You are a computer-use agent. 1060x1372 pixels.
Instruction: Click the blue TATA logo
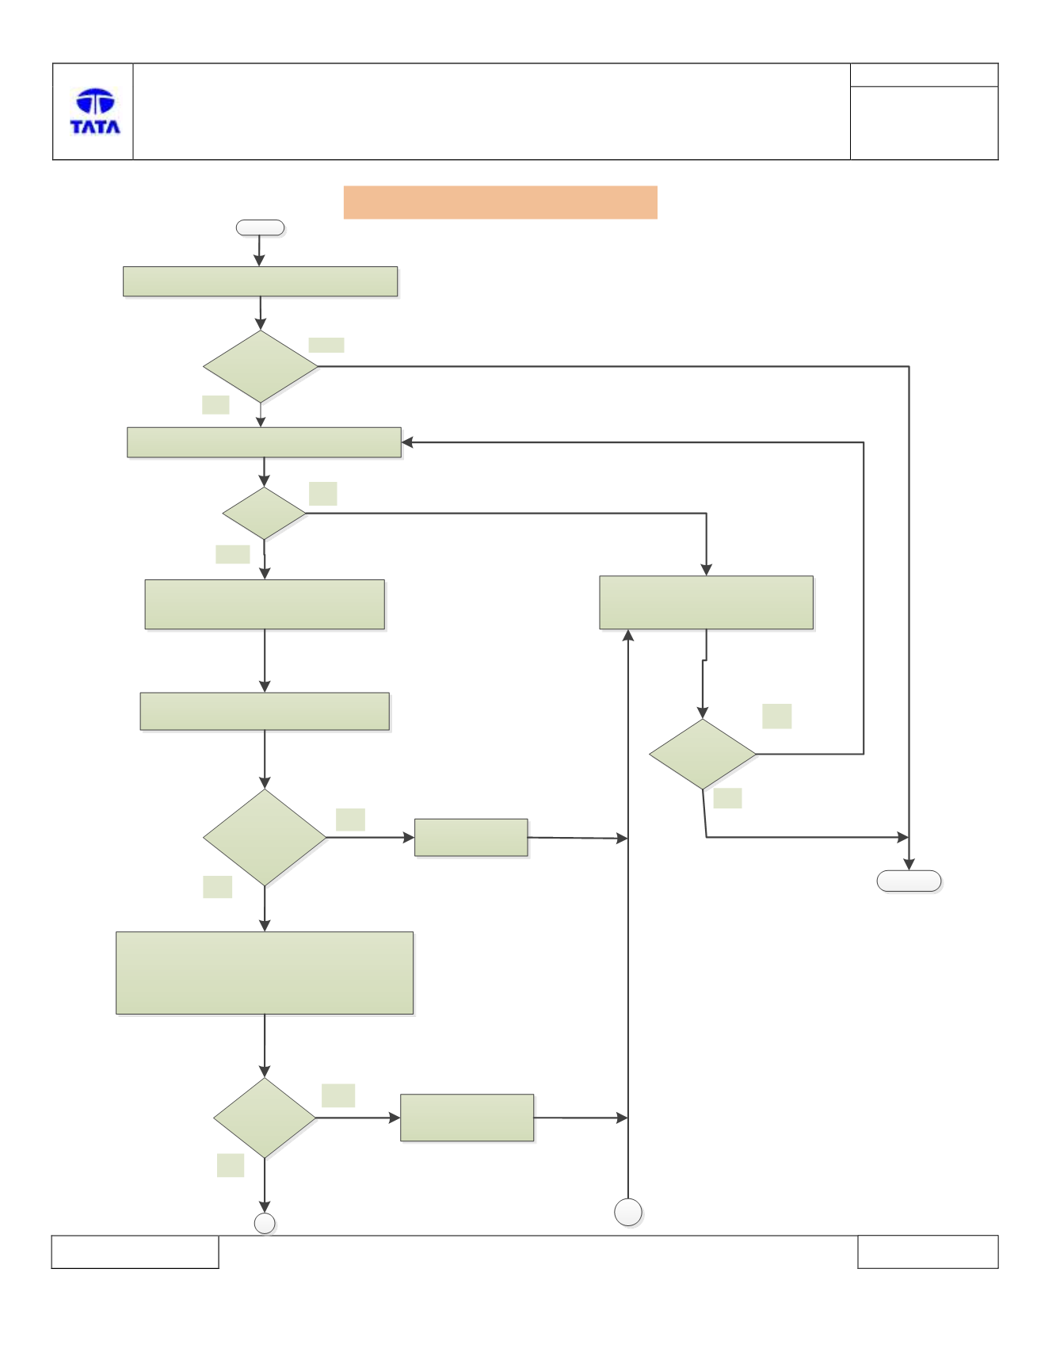point(95,112)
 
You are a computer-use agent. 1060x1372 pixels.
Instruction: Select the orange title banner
point(500,202)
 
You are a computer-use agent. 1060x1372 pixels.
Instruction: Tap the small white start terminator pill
point(260,228)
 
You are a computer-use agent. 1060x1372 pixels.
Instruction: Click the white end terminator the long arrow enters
point(909,881)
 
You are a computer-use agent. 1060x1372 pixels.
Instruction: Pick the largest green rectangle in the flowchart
point(265,973)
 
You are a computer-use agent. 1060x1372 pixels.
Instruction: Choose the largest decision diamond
point(265,837)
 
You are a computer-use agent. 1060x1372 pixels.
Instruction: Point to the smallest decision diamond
point(265,514)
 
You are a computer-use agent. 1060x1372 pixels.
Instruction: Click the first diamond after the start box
point(261,366)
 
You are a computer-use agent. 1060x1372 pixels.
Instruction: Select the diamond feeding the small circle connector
point(265,1118)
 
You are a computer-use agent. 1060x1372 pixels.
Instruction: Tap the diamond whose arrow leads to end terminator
point(703,754)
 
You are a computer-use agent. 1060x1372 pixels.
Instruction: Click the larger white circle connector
point(628,1212)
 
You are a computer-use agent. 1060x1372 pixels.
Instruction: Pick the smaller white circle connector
point(265,1223)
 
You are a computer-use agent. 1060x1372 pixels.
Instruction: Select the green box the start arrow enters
point(260,281)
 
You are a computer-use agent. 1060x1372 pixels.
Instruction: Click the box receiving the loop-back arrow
point(264,442)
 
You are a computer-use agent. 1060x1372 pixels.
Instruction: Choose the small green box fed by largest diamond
point(471,838)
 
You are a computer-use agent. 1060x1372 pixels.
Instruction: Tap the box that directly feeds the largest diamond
point(265,711)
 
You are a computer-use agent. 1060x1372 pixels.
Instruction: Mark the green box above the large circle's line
point(707,602)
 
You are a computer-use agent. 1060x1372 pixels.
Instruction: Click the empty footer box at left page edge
point(135,1252)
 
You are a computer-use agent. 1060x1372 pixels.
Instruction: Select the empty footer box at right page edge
point(928,1252)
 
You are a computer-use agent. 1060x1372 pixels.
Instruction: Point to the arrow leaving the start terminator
point(259,251)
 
